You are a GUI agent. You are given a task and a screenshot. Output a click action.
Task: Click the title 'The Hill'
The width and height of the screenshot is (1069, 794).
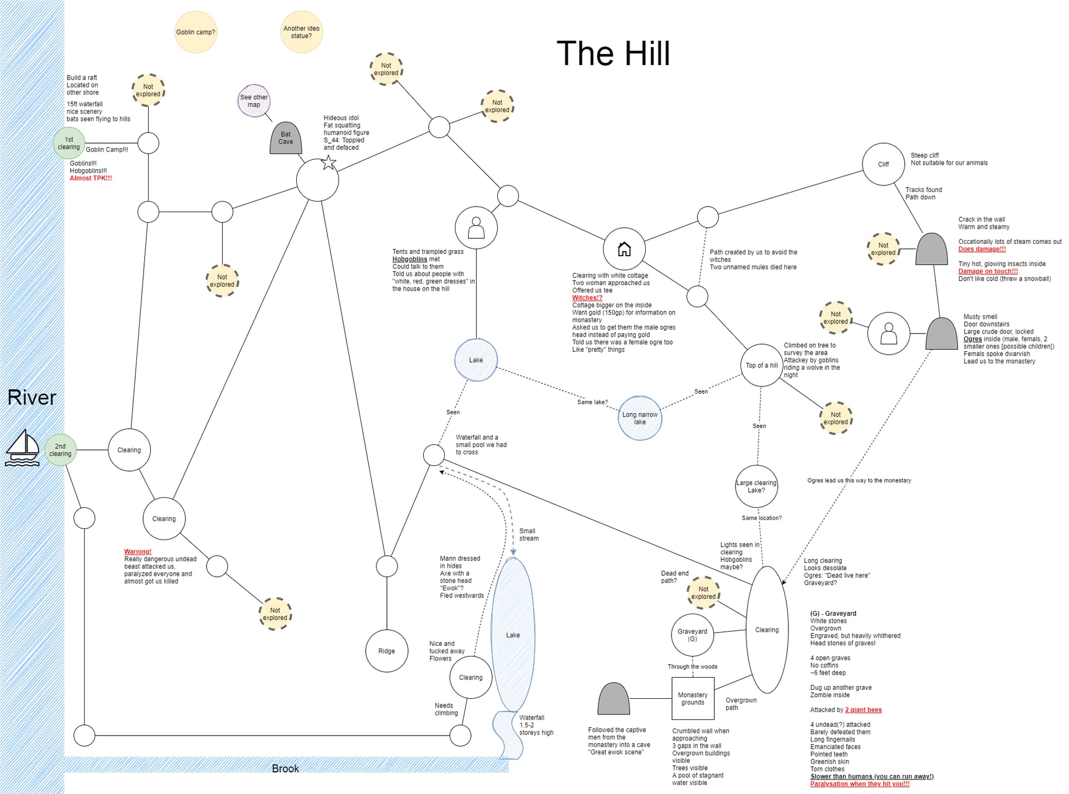pos(613,53)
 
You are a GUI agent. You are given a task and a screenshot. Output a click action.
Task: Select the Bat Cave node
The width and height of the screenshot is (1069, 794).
pos(286,138)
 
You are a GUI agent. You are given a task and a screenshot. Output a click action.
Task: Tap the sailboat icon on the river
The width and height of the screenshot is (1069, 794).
pos(22,448)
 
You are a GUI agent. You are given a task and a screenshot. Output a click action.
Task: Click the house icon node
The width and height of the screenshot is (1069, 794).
pos(624,249)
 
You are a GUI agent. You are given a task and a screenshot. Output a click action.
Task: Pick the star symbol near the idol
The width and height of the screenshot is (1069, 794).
pos(329,163)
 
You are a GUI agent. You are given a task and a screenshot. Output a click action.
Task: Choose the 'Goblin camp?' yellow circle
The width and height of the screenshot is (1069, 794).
pos(195,32)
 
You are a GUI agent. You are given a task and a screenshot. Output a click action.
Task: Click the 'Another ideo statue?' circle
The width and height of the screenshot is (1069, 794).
pos(301,32)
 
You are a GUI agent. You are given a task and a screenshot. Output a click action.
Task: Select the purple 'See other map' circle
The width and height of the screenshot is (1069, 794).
pos(254,101)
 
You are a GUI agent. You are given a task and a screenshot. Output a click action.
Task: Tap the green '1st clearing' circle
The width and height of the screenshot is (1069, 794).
pos(69,144)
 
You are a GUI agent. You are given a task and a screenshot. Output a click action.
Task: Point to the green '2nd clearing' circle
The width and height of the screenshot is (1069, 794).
pos(60,450)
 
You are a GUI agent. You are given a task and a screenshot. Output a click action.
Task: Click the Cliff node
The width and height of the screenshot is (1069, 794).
pos(883,164)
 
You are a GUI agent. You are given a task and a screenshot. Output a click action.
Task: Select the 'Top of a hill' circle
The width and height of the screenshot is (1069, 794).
pos(762,365)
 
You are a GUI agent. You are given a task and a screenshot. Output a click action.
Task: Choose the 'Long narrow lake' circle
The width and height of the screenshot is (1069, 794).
pos(640,418)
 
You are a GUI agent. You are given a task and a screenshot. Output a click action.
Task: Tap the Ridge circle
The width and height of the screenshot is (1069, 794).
pos(386,651)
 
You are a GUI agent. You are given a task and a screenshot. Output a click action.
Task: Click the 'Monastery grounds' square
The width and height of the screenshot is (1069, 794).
pos(693,698)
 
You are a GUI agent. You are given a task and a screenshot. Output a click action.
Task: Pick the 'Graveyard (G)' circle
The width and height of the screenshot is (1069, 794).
pos(692,635)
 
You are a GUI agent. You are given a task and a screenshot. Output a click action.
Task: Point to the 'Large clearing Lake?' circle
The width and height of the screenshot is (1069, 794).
pos(756,486)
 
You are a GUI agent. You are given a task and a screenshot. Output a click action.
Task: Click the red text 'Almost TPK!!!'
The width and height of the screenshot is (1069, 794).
pos(91,178)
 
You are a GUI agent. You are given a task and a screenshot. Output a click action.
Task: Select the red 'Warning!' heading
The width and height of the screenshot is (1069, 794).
pos(138,552)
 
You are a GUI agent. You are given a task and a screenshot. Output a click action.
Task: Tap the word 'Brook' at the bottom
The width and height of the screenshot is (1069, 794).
pos(285,768)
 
